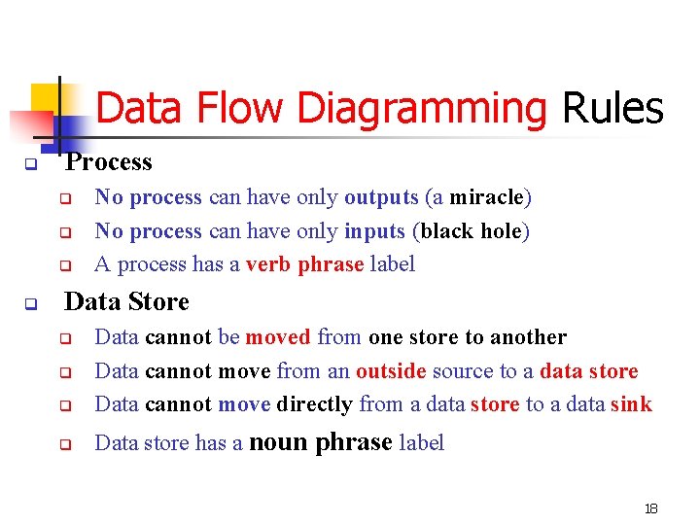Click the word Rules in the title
(612, 108)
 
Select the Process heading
(109, 162)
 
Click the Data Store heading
(126, 302)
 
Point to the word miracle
(487, 197)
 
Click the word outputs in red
(381, 197)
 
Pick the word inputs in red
(375, 230)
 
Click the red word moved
(279, 337)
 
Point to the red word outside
(391, 370)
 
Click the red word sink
(632, 403)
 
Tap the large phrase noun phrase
(321, 442)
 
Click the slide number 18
(651, 508)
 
